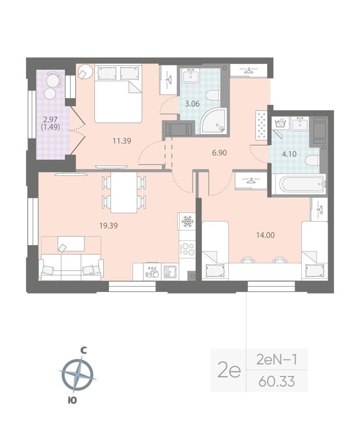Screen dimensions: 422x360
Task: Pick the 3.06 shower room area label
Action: coord(191,104)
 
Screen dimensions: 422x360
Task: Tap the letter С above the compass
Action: coord(83,350)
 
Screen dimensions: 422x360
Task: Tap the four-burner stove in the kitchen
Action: coord(188,249)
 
